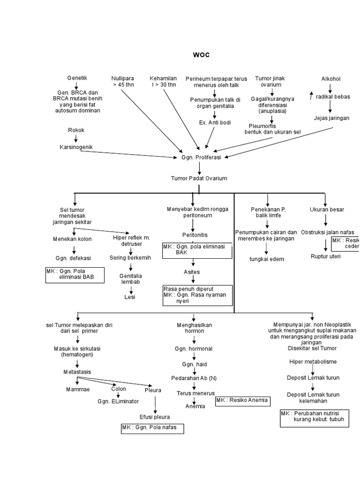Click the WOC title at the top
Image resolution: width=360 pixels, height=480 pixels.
[x=201, y=55]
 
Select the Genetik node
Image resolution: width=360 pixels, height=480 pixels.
[x=77, y=78]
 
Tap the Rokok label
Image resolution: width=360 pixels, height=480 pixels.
[x=76, y=130]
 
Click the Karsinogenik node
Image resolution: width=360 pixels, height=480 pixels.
[x=76, y=147]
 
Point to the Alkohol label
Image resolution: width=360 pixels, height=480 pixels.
[x=330, y=79]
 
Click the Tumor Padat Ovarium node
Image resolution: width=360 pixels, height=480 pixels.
[x=199, y=178]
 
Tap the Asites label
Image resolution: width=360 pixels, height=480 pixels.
[x=192, y=272]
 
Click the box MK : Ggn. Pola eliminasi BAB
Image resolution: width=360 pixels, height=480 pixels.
[x=75, y=275]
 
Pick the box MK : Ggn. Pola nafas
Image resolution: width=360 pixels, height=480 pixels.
[x=152, y=428]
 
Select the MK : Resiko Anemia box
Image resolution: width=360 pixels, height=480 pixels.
[x=242, y=400]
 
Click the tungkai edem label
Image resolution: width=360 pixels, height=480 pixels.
[x=267, y=259]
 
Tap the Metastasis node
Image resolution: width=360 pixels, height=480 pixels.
[x=77, y=372]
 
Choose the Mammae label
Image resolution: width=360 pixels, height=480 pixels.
[x=77, y=390]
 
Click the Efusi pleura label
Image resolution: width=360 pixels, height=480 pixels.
[x=155, y=417]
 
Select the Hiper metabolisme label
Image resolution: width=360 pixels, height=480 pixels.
[x=313, y=362]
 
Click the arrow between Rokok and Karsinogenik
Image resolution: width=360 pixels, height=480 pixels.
[x=76, y=139]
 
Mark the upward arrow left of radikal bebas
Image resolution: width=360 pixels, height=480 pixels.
[x=311, y=96]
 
